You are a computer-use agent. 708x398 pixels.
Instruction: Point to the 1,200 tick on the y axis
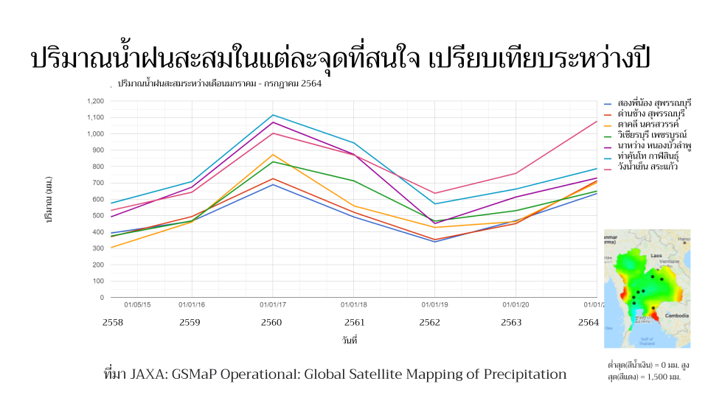[x=94, y=101]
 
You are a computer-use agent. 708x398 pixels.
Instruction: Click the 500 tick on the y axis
[x=97, y=216]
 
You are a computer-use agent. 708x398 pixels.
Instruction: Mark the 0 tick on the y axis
[x=101, y=298]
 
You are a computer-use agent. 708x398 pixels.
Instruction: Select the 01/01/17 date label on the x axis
[x=273, y=304]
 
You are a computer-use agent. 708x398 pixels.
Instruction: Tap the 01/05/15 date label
[x=137, y=304]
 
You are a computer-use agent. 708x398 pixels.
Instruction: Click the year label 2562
[x=430, y=322]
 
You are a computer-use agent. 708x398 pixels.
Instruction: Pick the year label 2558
[x=113, y=322]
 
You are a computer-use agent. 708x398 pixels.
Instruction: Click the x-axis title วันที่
[x=350, y=341]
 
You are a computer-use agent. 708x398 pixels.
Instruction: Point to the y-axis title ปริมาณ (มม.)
[x=49, y=200]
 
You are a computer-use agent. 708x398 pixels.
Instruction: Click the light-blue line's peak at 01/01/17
[x=273, y=115]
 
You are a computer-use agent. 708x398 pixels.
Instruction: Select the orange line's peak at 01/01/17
[x=273, y=155]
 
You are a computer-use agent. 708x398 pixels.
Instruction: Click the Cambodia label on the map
[x=677, y=316]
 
